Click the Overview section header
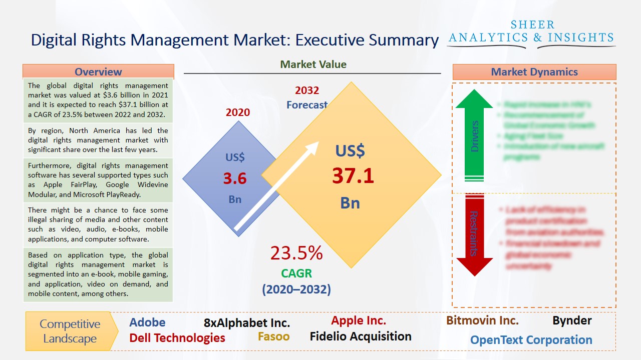click(x=98, y=71)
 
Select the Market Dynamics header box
click(x=534, y=71)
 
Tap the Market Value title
click(x=313, y=64)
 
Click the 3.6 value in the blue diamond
click(x=235, y=178)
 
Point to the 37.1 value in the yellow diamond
click(x=353, y=176)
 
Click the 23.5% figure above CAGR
click(x=296, y=253)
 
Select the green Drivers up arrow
click(x=474, y=135)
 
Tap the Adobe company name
click(x=147, y=322)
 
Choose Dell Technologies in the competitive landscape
click(x=177, y=338)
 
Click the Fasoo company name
click(x=273, y=336)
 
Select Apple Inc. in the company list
click(x=359, y=320)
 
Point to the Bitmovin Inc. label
click(x=482, y=320)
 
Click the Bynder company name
click(x=572, y=320)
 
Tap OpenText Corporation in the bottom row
click(x=531, y=340)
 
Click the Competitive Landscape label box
click(x=70, y=331)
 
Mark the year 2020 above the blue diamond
click(x=237, y=112)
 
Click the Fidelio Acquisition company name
click(x=361, y=336)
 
